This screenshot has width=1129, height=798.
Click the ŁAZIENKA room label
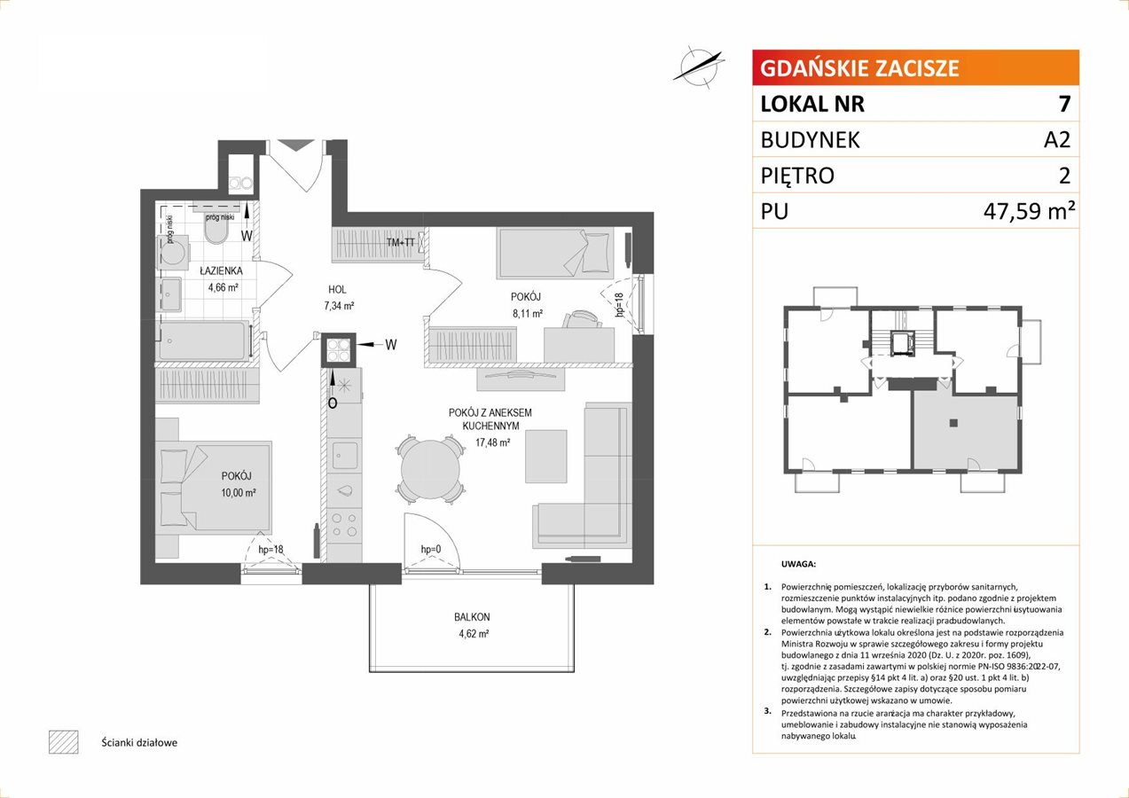point(221,270)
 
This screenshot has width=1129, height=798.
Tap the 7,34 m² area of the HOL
point(339,306)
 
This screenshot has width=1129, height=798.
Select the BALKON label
point(472,616)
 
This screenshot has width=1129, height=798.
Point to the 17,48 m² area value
point(492,442)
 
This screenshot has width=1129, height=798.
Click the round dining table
point(430,470)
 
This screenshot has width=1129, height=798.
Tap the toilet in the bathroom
point(216,232)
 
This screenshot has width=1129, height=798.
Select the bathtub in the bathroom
point(204,341)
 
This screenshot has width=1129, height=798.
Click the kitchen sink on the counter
point(345,456)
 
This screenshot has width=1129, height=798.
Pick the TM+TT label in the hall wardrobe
point(401,242)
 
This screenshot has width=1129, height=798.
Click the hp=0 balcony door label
point(431,549)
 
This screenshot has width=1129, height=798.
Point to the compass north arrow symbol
point(699,66)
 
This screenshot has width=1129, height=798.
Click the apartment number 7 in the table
point(1064,104)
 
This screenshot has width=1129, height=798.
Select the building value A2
point(1057,139)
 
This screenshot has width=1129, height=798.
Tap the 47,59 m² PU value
point(1029,211)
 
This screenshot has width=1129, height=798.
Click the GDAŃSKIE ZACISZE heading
point(859,68)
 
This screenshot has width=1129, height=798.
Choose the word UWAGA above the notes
point(798,564)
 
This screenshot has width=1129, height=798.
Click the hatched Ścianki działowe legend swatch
point(64,742)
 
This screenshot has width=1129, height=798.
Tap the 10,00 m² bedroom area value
point(238,493)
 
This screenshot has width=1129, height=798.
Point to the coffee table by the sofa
point(545,457)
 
